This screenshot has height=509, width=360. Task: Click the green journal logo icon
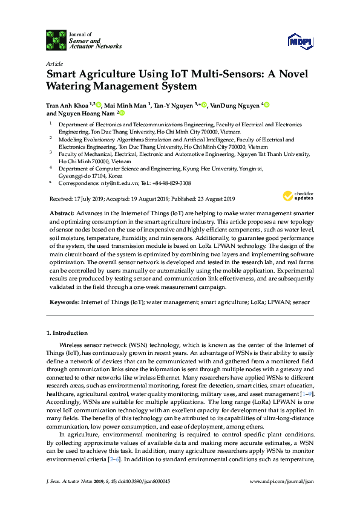pyautogui.click(x=56, y=39)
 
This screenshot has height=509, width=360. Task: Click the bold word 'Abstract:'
pyautogui.click(x=61, y=214)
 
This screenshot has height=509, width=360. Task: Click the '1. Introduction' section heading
pyautogui.click(x=67, y=333)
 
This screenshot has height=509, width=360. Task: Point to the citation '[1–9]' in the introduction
pyautogui.click(x=305, y=394)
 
